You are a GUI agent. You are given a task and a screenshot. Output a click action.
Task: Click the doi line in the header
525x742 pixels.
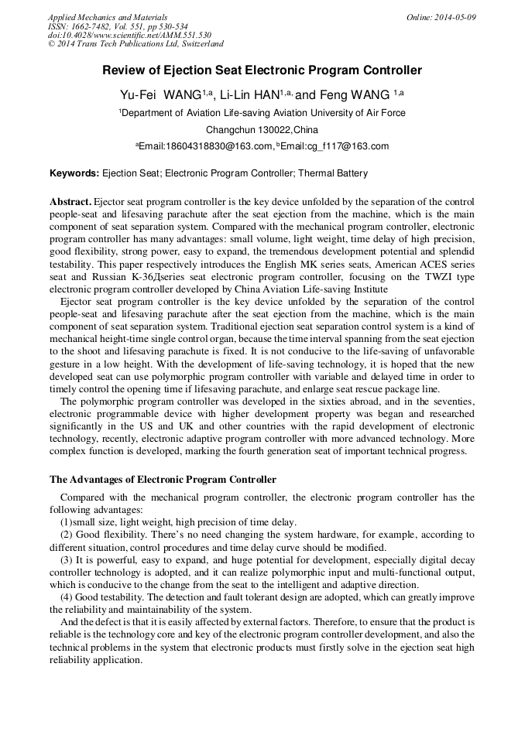129,35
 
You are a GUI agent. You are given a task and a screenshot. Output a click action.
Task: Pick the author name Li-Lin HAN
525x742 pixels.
250,94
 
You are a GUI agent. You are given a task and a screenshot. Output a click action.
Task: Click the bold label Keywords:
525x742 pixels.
74,173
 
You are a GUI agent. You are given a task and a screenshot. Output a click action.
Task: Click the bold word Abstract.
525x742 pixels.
70,201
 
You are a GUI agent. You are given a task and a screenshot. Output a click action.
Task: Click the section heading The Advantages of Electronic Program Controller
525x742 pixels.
163,480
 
